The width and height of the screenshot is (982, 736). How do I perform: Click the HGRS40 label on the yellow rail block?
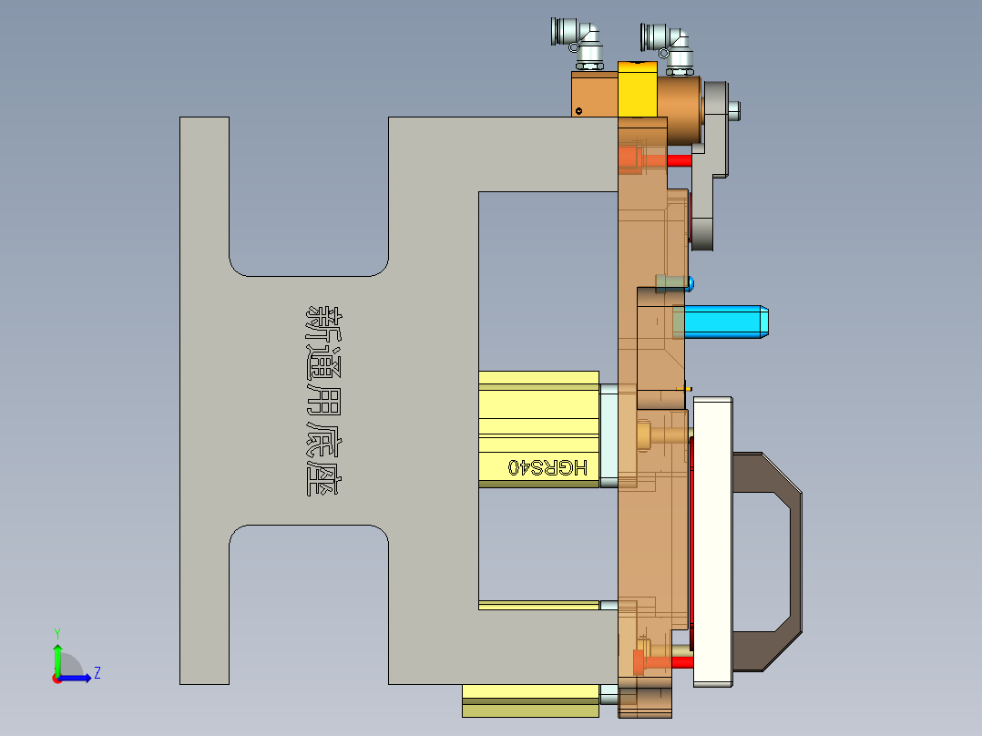(547, 466)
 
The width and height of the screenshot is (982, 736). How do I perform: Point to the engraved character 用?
(322, 393)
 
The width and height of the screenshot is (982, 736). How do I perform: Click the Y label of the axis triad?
(56, 632)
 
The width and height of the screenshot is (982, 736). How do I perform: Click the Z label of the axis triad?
(97, 673)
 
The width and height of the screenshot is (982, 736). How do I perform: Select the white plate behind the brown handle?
(712, 537)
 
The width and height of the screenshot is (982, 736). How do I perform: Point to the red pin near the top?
(679, 159)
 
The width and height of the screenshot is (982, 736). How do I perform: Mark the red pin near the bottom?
(681, 661)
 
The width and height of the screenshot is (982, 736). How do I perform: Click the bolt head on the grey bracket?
(735, 110)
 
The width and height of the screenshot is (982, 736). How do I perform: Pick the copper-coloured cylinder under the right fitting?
(681, 107)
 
